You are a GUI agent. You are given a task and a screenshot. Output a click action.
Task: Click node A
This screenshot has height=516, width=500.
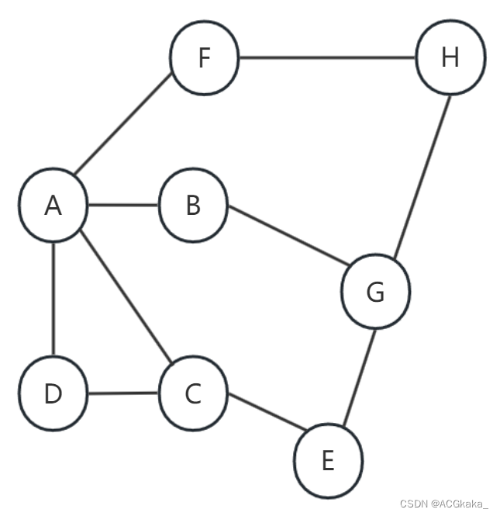[53, 206]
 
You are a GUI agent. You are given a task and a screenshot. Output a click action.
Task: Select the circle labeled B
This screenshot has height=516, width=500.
[193, 206]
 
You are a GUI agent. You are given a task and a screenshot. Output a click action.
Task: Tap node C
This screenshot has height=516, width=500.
[193, 393]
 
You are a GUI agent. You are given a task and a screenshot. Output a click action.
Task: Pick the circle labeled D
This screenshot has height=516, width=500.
[53, 393]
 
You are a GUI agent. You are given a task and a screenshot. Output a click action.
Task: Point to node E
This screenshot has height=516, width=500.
[328, 461]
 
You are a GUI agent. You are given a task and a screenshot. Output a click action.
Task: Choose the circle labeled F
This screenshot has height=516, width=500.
[204, 58]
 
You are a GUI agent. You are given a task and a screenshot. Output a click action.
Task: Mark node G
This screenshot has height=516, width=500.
[375, 292]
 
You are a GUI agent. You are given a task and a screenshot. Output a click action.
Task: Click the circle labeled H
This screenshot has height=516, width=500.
[450, 58]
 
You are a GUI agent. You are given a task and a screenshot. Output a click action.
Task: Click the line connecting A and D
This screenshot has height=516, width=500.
[53, 300]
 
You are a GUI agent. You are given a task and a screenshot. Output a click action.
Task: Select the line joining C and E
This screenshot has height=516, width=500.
[264, 412]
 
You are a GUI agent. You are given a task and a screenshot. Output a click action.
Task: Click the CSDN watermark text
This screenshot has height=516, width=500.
[415, 504]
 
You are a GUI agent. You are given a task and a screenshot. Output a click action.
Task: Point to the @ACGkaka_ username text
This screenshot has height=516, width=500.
[460, 504]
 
